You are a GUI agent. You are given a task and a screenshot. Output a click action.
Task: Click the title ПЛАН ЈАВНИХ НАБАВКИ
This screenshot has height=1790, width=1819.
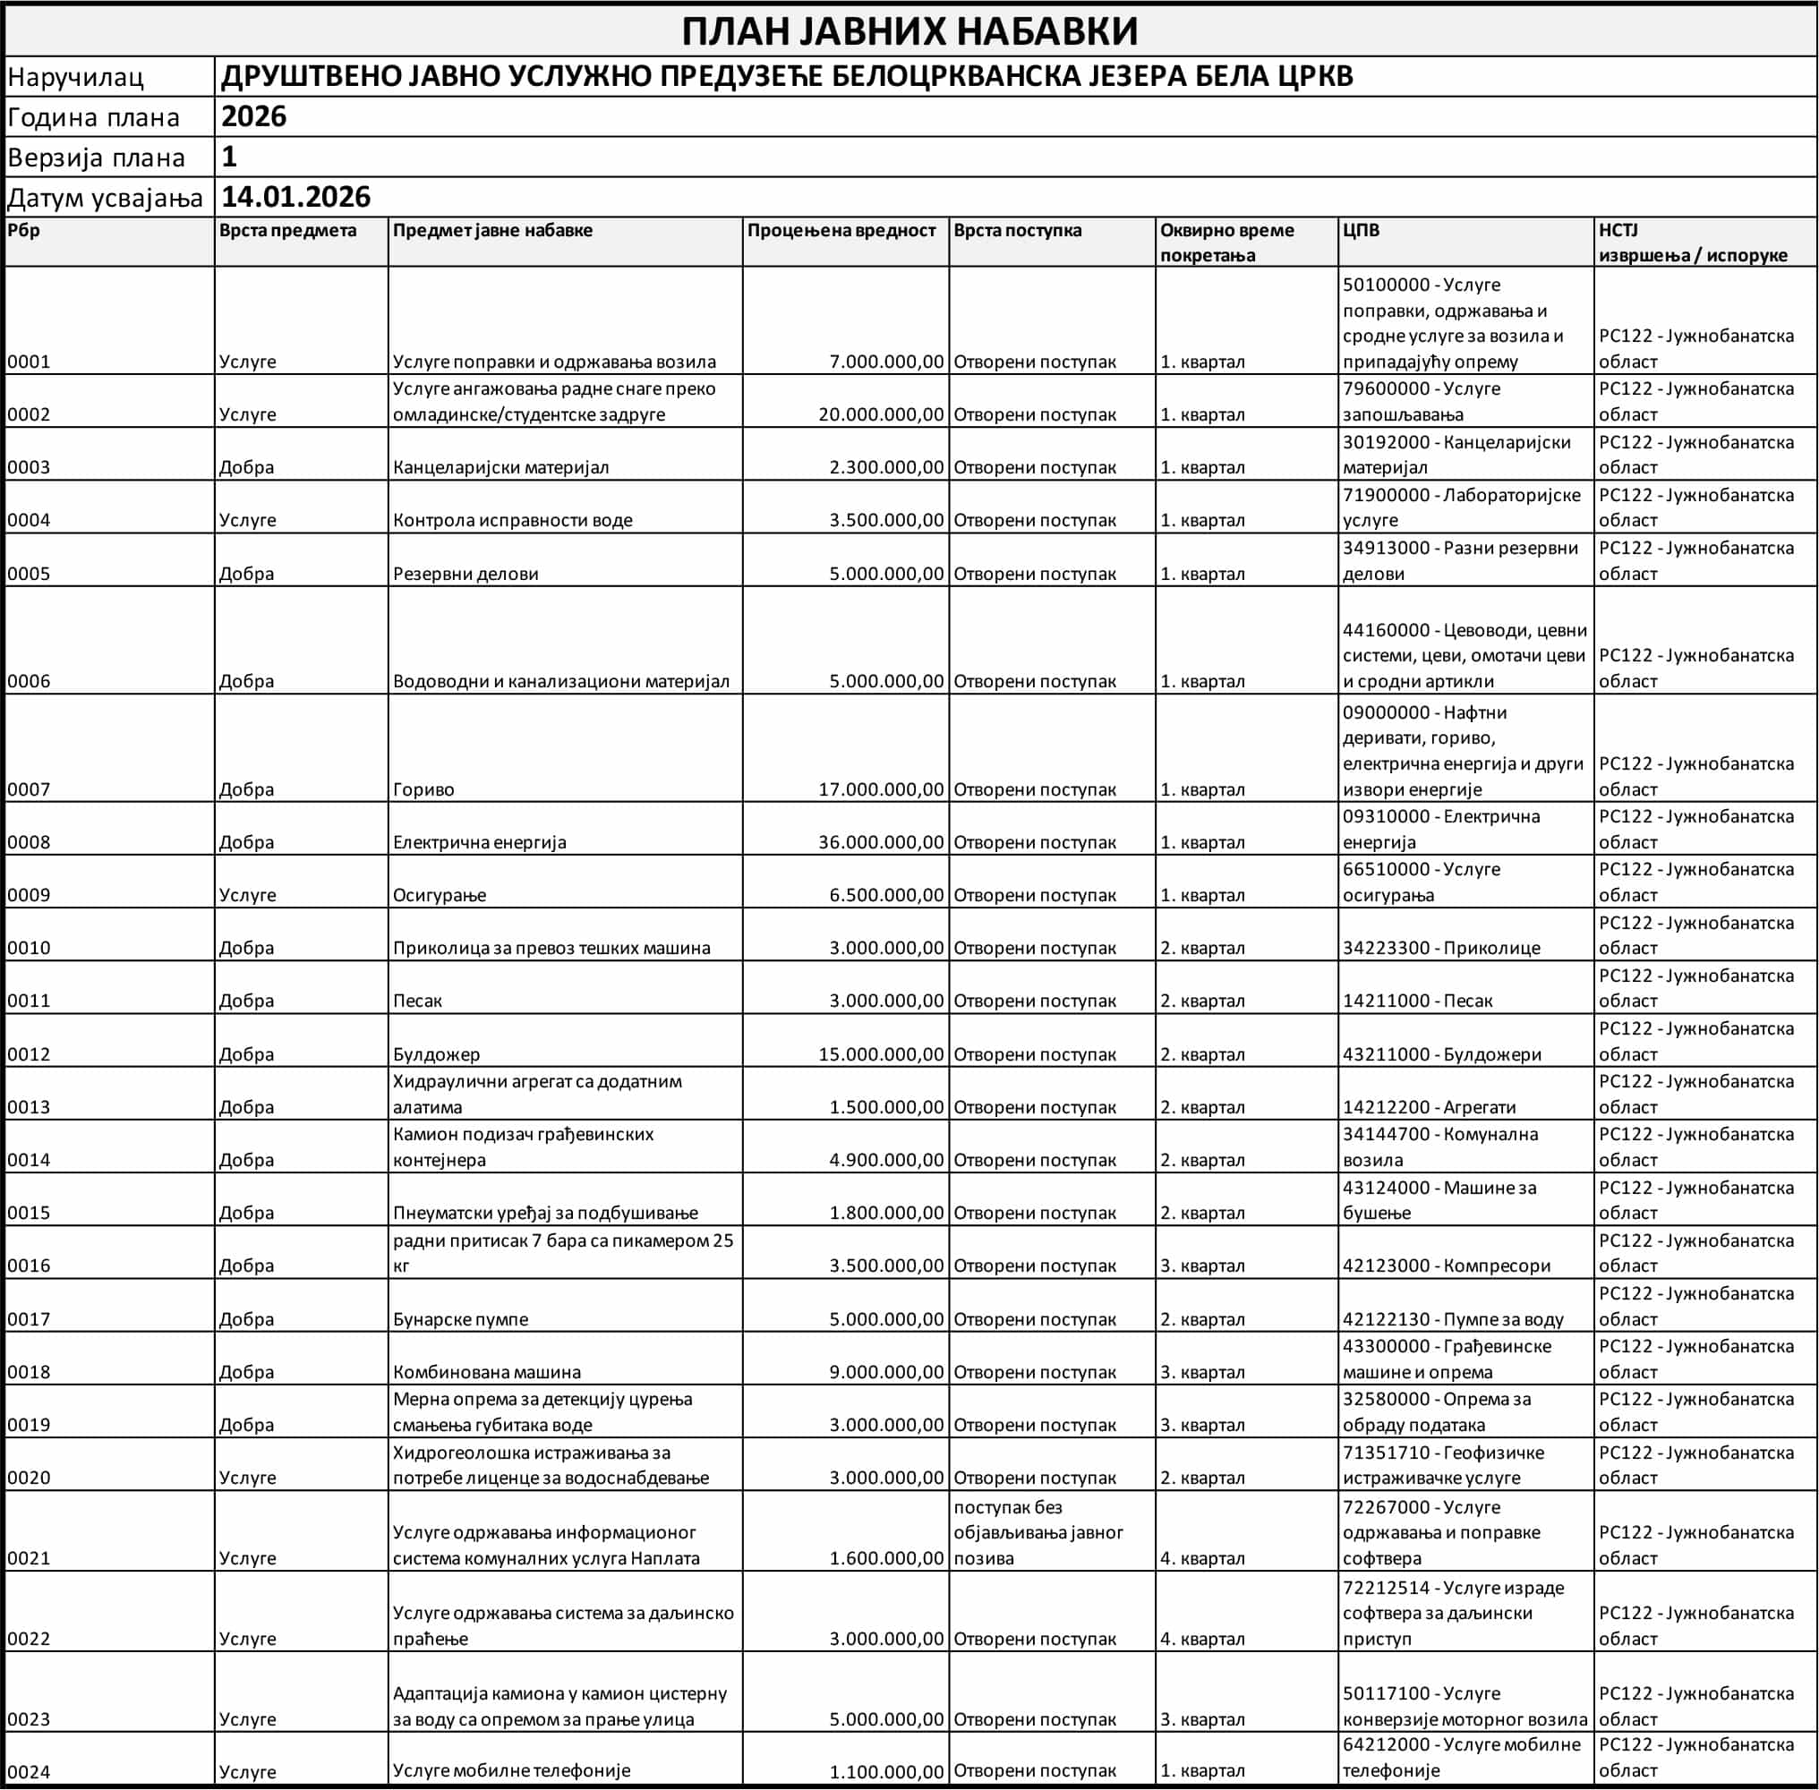(909, 31)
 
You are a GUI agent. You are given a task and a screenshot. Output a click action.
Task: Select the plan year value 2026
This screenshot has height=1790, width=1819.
(254, 116)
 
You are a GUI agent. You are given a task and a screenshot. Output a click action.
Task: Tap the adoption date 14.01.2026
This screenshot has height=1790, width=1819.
(295, 197)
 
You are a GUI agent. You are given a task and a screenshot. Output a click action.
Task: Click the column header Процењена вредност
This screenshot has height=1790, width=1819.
(841, 230)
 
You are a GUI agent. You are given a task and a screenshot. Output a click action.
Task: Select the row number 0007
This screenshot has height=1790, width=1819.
(29, 789)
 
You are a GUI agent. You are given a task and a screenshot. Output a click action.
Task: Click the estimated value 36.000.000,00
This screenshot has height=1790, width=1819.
(880, 842)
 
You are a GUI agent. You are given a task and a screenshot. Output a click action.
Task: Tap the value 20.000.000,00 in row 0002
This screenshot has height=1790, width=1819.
(880, 414)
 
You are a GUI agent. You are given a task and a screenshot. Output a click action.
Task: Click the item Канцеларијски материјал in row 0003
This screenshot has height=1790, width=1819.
(500, 467)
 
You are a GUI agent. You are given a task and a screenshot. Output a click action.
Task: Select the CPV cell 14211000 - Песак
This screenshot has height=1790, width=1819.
(1417, 1002)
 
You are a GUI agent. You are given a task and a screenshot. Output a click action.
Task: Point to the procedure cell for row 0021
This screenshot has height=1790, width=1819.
(1038, 1532)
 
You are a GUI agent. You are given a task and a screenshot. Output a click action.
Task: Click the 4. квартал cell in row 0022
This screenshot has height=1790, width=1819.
(1202, 1639)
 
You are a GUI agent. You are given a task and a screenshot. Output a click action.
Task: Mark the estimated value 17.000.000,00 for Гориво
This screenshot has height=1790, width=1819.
(880, 789)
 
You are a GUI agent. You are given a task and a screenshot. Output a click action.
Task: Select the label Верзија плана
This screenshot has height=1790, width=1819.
(96, 158)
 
